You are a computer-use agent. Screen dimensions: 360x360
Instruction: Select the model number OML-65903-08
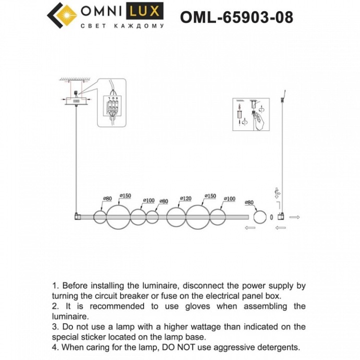coord(236,17)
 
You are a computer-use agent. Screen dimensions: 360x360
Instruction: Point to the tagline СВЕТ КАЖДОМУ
coord(123,26)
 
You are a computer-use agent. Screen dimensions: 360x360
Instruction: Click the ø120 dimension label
coord(185,199)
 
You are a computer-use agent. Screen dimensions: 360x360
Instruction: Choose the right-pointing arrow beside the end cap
coord(294,216)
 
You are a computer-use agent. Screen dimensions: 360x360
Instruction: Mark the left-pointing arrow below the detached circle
coord(250,228)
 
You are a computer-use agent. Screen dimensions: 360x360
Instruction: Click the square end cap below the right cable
coord(282,216)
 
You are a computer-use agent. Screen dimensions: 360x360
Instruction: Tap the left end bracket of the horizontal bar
coord(77,215)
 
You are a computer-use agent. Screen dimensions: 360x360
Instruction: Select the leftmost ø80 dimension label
coord(107,199)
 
